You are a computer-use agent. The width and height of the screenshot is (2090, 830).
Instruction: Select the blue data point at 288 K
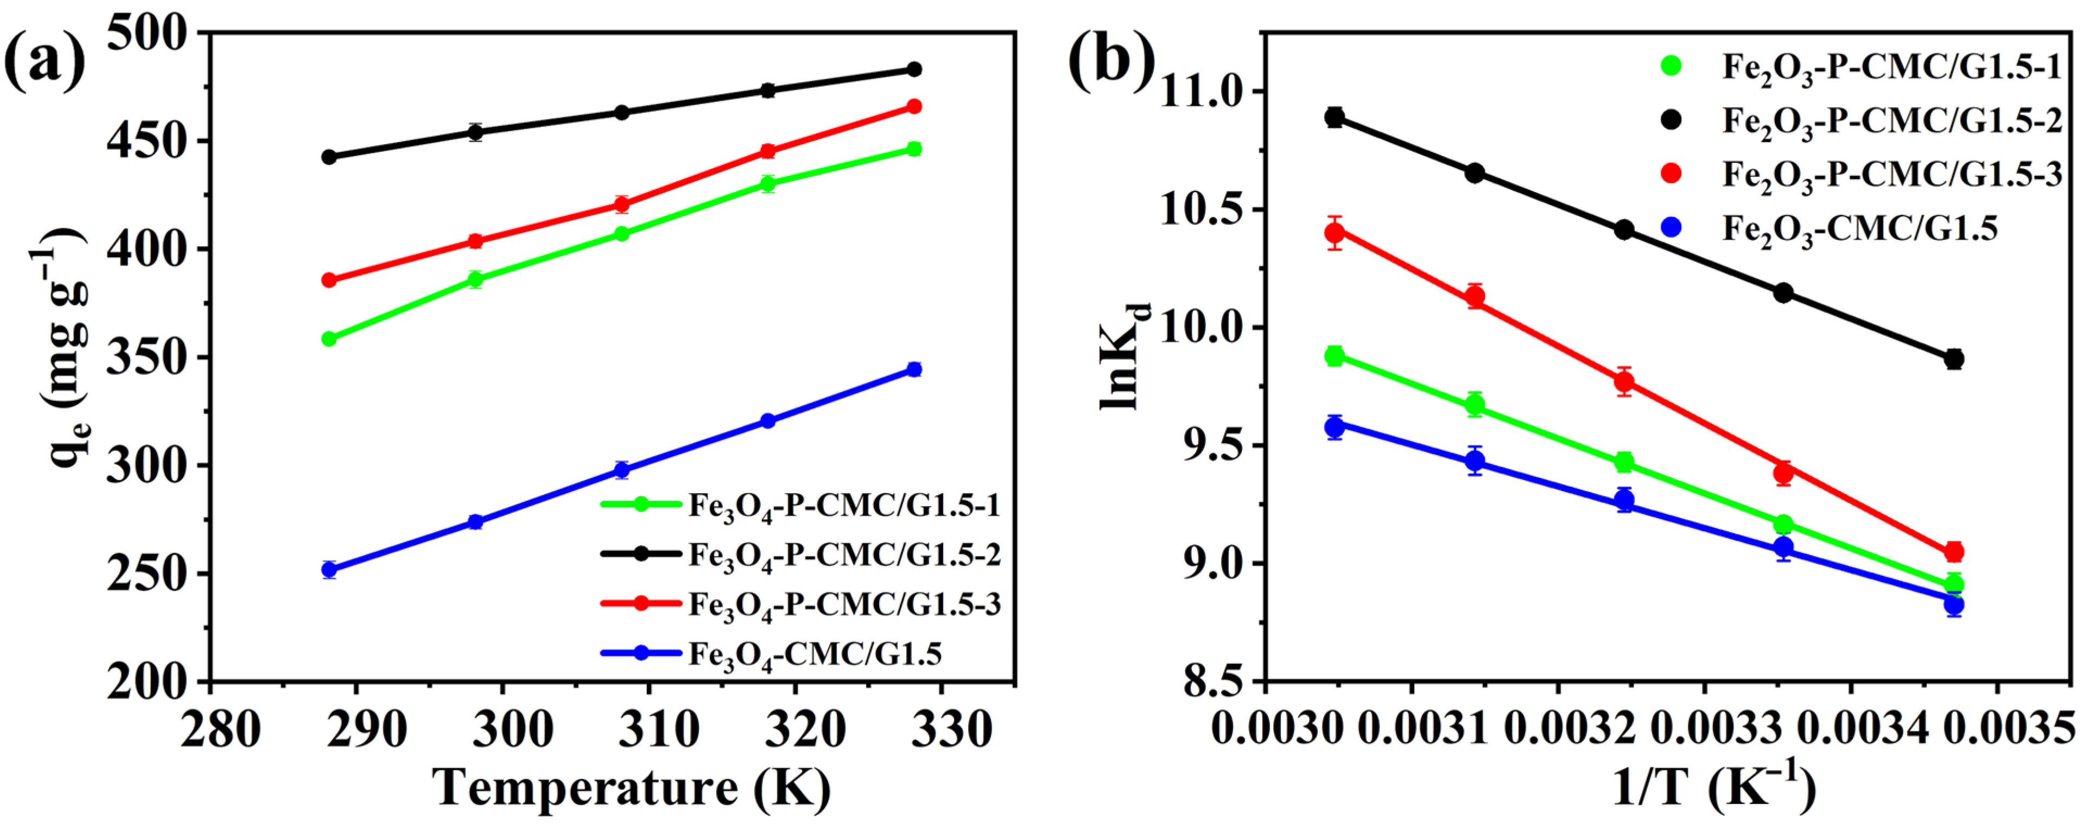[329, 570]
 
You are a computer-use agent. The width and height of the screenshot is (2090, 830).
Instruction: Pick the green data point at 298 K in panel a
[475, 280]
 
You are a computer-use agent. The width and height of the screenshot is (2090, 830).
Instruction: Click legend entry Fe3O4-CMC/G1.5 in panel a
[815, 654]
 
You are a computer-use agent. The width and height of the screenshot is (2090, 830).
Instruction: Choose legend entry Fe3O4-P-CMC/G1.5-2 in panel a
[844, 555]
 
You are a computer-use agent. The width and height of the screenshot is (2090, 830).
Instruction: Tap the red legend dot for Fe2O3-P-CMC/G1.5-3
[1672, 173]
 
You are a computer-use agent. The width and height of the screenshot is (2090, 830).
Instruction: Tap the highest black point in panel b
[1335, 118]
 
